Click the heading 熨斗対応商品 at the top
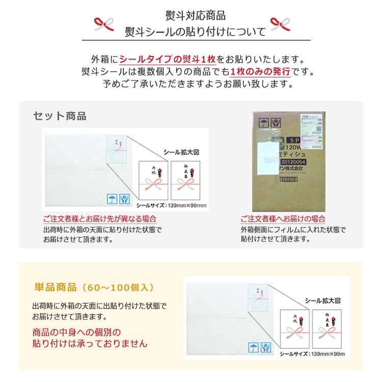point(196,15)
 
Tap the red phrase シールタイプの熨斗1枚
point(168,59)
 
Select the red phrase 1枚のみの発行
point(260,71)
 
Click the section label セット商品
point(60,116)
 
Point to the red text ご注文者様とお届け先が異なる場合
point(100,219)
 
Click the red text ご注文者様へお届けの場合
point(283,219)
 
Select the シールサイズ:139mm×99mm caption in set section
point(172,206)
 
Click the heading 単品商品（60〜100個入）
point(94,287)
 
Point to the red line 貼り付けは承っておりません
point(90,344)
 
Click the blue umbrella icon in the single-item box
point(252,347)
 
